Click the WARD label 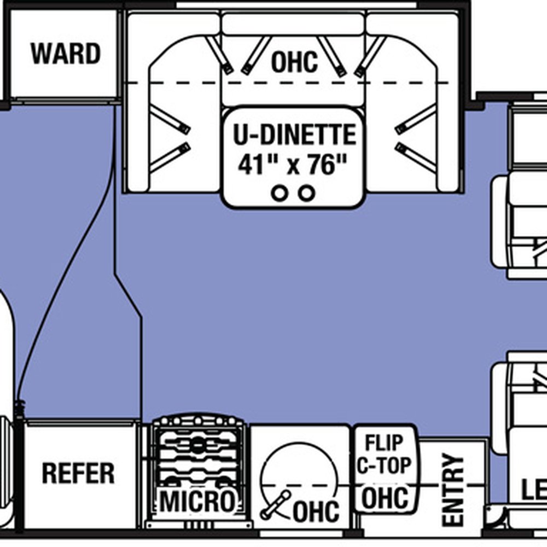pyautogui.click(x=65, y=54)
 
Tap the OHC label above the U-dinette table pyautogui.click(x=294, y=62)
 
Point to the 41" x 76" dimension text pyautogui.click(x=293, y=164)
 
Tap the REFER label pyautogui.click(x=78, y=473)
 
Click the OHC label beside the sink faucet pyautogui.click(x=316, y=512)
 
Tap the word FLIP pyautogui.click(x=384, y=442)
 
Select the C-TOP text pyautogui.click(x=384, y=466)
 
